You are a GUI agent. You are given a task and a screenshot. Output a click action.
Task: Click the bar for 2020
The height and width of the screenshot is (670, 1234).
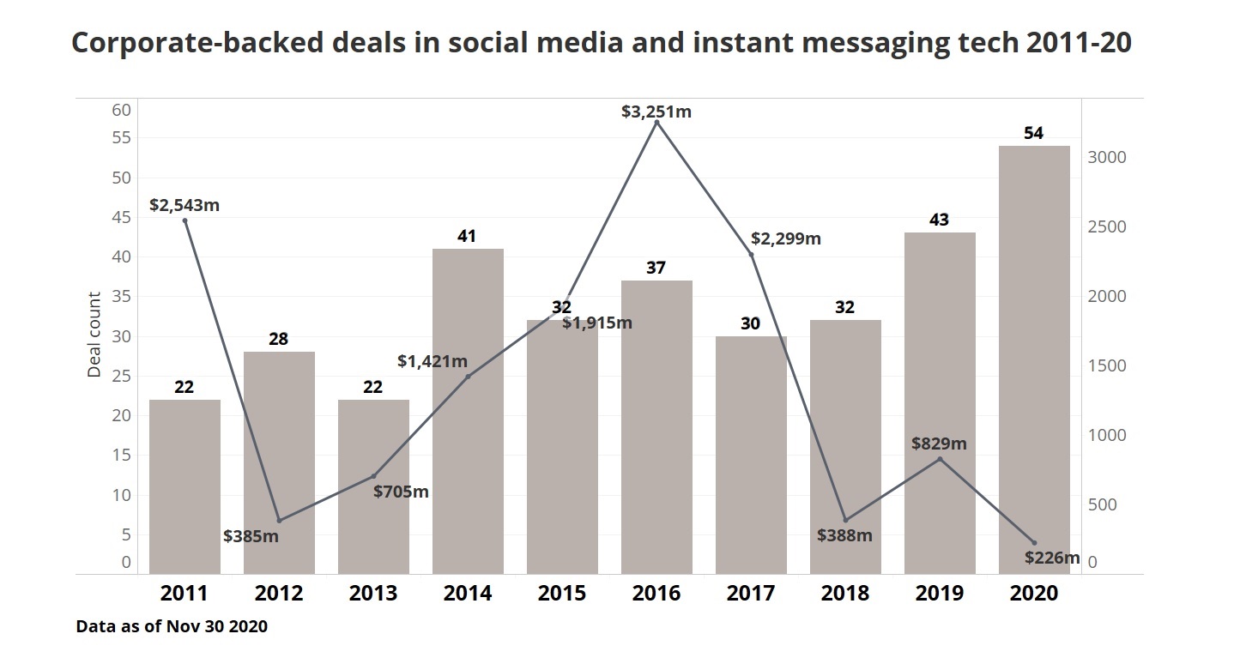(x=1034, y=360)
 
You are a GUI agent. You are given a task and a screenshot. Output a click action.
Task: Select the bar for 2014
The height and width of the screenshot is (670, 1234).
(x=468, y=412)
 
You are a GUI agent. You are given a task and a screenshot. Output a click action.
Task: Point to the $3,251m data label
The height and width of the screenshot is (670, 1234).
(x=656, y=112)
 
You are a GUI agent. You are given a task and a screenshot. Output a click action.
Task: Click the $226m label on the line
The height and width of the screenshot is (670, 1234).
(x=1052, y=558)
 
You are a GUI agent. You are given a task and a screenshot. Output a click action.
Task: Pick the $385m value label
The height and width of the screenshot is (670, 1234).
(x=251, y=536)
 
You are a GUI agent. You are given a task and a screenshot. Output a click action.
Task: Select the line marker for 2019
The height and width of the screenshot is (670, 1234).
(x=940, y=459)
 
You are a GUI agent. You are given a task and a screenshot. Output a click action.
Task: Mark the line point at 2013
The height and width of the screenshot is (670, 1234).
(x=373, y=476)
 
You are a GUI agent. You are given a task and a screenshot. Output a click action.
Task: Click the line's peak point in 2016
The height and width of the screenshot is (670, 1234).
(x=656, y=123)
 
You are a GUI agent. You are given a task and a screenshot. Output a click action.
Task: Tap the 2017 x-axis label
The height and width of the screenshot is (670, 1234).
(x=751, y=593)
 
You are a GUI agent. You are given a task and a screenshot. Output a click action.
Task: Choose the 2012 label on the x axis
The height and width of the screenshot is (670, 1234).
(x=279, y=593)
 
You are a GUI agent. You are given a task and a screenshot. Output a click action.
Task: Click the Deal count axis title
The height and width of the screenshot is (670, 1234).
(x=94, y=335)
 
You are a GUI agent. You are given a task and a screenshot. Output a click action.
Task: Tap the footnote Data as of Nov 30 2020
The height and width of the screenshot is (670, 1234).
(x=172, y=627)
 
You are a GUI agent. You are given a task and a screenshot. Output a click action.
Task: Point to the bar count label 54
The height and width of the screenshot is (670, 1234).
(x=1034, y=134)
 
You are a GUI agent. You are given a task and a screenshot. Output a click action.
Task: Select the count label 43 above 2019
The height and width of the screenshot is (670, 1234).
(x=940, y=220)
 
